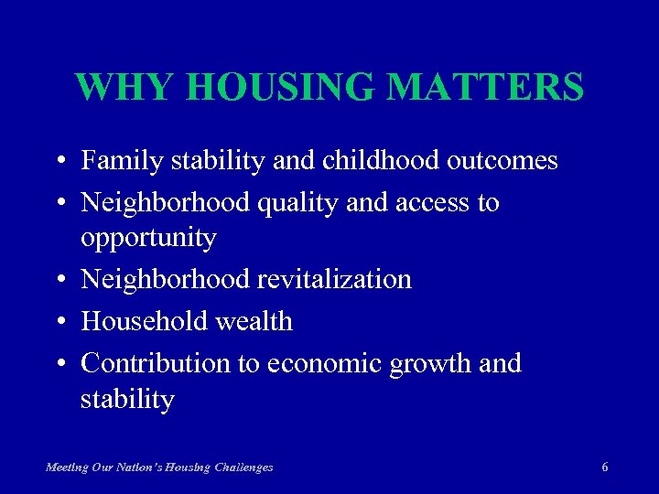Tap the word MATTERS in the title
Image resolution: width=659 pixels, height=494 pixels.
[485, 88]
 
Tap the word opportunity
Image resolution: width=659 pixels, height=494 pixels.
[148, 240]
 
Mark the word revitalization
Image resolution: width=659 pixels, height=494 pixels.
[336, 279]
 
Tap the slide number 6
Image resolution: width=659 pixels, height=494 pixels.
[605, 467]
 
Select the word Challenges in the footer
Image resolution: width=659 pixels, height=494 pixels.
[243, 467]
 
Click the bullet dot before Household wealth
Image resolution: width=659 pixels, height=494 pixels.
[59, 322]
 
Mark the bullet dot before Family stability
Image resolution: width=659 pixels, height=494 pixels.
[59, 162]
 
